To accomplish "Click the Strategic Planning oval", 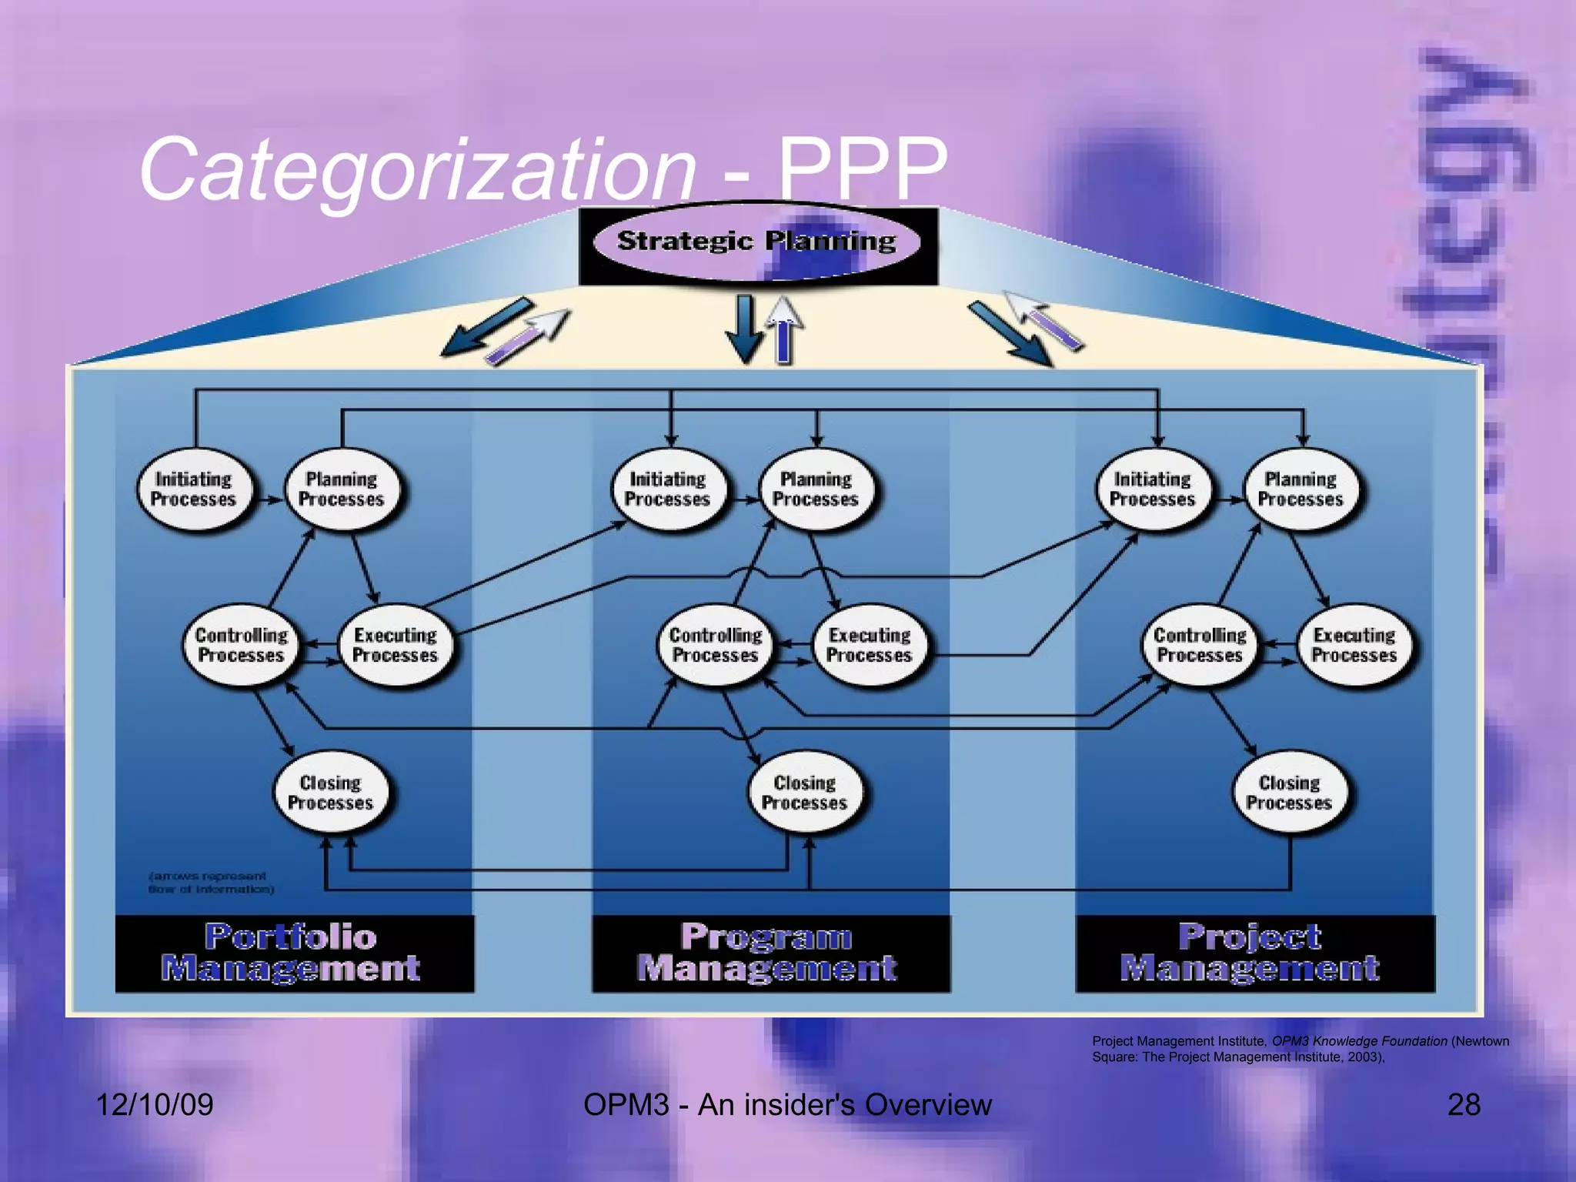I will tap(757, 242).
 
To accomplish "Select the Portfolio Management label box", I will tap(294, 953).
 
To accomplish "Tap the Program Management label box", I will tap(770, 953).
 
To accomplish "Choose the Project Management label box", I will tap(1254, 953).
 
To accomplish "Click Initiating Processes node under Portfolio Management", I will tap(194, 489).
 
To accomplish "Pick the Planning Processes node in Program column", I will tap(817, 489).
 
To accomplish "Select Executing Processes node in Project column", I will tap(1354, 645).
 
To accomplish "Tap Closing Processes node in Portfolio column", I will tap(331, 793).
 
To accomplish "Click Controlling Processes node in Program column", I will tap(716, 645).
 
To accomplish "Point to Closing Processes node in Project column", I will tap(1290, 793).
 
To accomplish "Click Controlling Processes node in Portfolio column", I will tap(242, 645).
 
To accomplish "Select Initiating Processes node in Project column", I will tap(1153, 489).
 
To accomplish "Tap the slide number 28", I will tap(1464, 1105).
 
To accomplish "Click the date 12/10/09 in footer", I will tap(154, 1105).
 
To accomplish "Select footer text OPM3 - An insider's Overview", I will tap(787, 1105).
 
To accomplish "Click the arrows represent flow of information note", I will tap(210, 883).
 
